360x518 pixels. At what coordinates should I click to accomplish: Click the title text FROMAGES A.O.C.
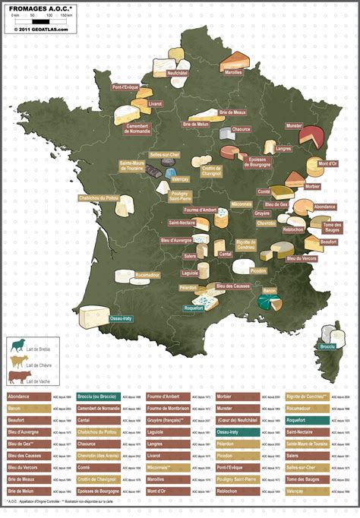pyautogui.click(x=39, y=6)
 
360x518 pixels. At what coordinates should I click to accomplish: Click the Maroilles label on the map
pyautogui.click(x=234, y=72)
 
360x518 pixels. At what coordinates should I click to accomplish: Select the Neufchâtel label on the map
pyautogui.click(x=176, y=73)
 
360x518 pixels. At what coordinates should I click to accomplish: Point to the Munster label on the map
pyautogui.click(x=294, y=125)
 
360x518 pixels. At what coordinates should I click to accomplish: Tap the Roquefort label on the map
pyautogui.click(x=193, y=308)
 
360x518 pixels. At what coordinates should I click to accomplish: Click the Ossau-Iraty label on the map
pyautogui.click(x=121, y=318)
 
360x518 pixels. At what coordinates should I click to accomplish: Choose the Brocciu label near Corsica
pyautogui.click(x=327, y=346)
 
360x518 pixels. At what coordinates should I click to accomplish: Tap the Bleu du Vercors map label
pyautogui.click(x=301, y=259)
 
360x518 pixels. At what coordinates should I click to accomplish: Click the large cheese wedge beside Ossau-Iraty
pyautogui.click(x=95, y=316)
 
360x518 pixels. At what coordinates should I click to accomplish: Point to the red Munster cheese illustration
pyautogui.click(x=311, y=137)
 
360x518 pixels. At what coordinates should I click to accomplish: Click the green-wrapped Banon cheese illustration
pyautogui.click(x=267, y=302)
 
